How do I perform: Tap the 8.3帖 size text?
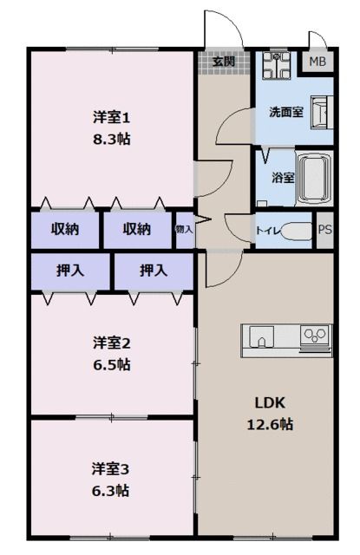pos(112,138)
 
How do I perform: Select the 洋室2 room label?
pos(112,343)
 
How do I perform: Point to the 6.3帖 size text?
pos(112,491)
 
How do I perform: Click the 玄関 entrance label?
pos(223,62)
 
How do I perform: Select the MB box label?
pos(318,62)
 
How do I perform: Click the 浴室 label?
pos(283,177)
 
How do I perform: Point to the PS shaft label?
pos(324,231)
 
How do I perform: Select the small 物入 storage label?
pos(184,230)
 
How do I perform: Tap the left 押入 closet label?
pos(69,271)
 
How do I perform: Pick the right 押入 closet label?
pos(154,271)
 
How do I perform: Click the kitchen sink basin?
pos(262,335)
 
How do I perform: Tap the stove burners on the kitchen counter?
pos(314,334)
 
